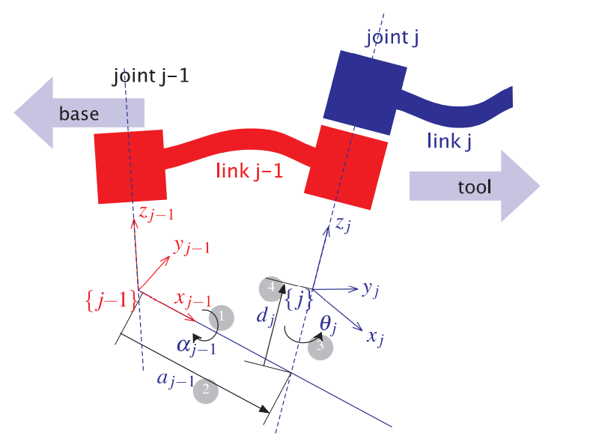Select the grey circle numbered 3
click(x=320, y=348)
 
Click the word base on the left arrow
click(x=79, y=113)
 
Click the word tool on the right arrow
click(x=474, y=187)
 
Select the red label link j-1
click(x=249, y=172)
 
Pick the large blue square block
click(x=364, y=92)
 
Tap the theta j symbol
click(x=330, y=324)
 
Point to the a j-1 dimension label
click(x=175, y=379)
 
